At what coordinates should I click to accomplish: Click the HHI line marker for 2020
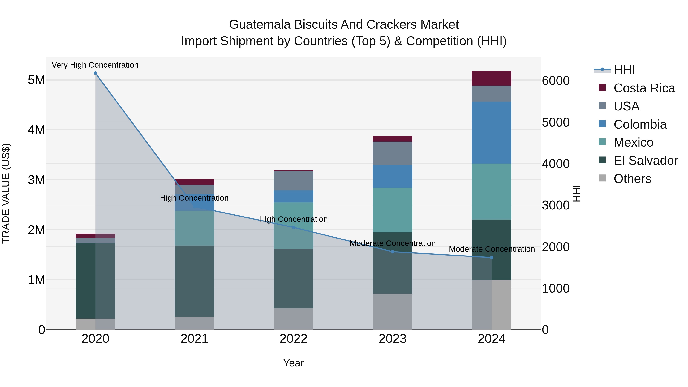pyautogui.click(x=95, y=73)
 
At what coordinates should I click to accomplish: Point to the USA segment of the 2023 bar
pyautogui.click(x=392, y=153)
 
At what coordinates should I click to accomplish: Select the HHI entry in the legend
pyautogui.click(x=624, y=70)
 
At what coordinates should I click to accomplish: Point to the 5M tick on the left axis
pyautogui.click(x=36, y=80)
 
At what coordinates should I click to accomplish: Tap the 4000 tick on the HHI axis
pyautogui.click(x=556, y=164)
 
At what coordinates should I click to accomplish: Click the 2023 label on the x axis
pyautogui.click(x=392, y=339)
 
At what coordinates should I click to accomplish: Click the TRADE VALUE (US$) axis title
pyautogui.click(x=6, y=193)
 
